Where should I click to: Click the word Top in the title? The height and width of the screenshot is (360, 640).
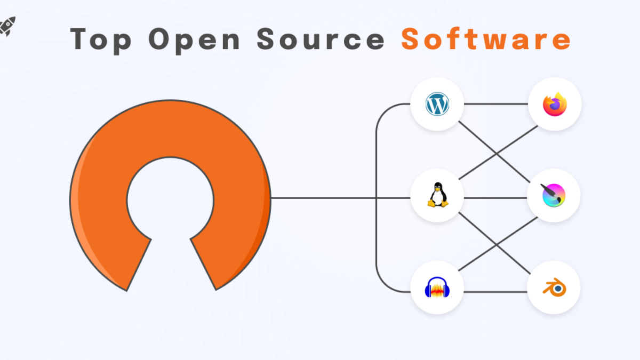click(101, 39)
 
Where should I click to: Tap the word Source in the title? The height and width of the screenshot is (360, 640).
click(320, 39)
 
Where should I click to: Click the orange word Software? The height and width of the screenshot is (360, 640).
click(486, 39)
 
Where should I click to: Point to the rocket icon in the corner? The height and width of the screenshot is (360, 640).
click(7, 25)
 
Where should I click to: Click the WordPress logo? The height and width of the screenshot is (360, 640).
click(437, 104)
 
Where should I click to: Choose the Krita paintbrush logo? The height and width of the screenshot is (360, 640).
click(554, 195)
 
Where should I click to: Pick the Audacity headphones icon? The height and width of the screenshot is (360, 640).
click(437, 289)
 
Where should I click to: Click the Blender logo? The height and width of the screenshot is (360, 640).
click(554, 289)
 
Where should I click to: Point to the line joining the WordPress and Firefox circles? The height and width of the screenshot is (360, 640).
click(496, 104)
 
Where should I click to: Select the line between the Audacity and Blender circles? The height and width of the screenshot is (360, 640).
click(496, 292)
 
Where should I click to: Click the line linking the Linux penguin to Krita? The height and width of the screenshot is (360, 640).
click(496, 198)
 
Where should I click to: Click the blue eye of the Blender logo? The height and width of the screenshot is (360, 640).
click(558, 288)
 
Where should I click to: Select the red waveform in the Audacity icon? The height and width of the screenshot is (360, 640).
click(437, 291)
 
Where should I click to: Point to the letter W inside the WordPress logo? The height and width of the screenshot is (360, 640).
click(437, 105)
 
